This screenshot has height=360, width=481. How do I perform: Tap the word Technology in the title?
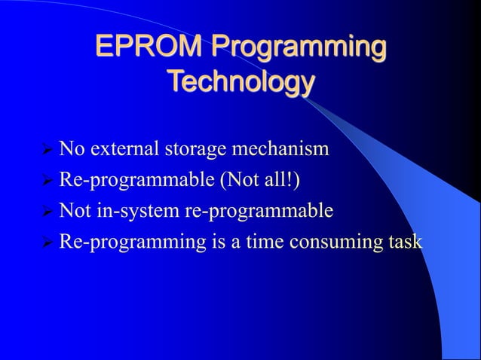[240, 81]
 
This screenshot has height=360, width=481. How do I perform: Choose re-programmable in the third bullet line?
[259, 213]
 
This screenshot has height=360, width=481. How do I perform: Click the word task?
[405, 243]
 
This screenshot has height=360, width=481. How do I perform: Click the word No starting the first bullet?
[72, 149]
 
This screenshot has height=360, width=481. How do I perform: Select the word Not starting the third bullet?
[75, 212]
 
